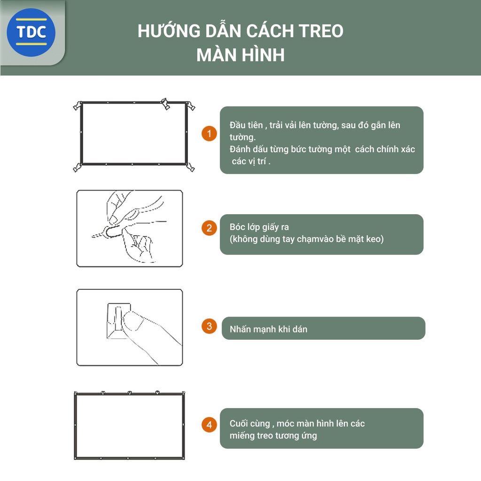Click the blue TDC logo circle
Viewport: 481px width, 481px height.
pos(31,33)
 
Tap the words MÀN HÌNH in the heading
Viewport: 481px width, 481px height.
pos(240,55)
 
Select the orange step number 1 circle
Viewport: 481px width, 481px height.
pos(209,133)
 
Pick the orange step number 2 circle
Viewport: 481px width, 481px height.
pos(209,228)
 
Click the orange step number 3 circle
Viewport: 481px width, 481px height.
pos(209,326)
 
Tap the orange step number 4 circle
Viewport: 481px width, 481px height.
pos(209,425)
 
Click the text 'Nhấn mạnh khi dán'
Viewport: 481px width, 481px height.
pos(268,329)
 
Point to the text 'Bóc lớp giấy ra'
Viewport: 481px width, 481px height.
pos(259,227)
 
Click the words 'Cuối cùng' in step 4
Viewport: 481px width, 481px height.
pos(249,423)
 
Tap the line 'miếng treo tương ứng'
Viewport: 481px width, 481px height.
pos(273,435)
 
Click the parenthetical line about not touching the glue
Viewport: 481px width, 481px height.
pos(306,239)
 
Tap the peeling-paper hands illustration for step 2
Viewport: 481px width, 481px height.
pos(129,228)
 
